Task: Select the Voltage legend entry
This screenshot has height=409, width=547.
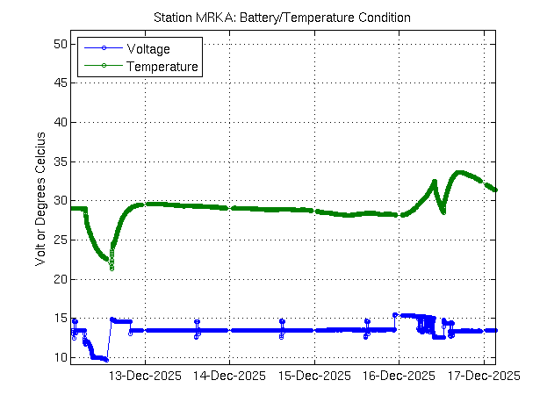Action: [x=148, y=48]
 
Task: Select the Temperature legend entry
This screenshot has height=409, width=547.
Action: [x=162, y=66]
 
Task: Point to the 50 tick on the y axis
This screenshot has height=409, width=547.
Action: [x=59, y=44]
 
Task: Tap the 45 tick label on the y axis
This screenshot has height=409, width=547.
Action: [x=59, y=83]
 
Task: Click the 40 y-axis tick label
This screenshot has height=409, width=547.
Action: [x=59, y=122]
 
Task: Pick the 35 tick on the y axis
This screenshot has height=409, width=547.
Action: [x=59, y=161]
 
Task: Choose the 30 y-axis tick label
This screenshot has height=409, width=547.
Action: [x=59, y=201]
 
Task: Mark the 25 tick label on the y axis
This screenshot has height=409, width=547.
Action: [x=59, y=240]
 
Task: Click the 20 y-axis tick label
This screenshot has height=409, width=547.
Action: [x=59, y=279]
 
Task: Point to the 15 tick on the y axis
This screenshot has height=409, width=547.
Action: [x=59, y=319]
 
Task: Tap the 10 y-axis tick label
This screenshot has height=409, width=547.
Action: [x=59, y=357]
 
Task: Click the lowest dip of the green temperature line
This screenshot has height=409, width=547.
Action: [x=112, y=268]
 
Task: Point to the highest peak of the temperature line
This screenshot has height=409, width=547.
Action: [x=458, y=172]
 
